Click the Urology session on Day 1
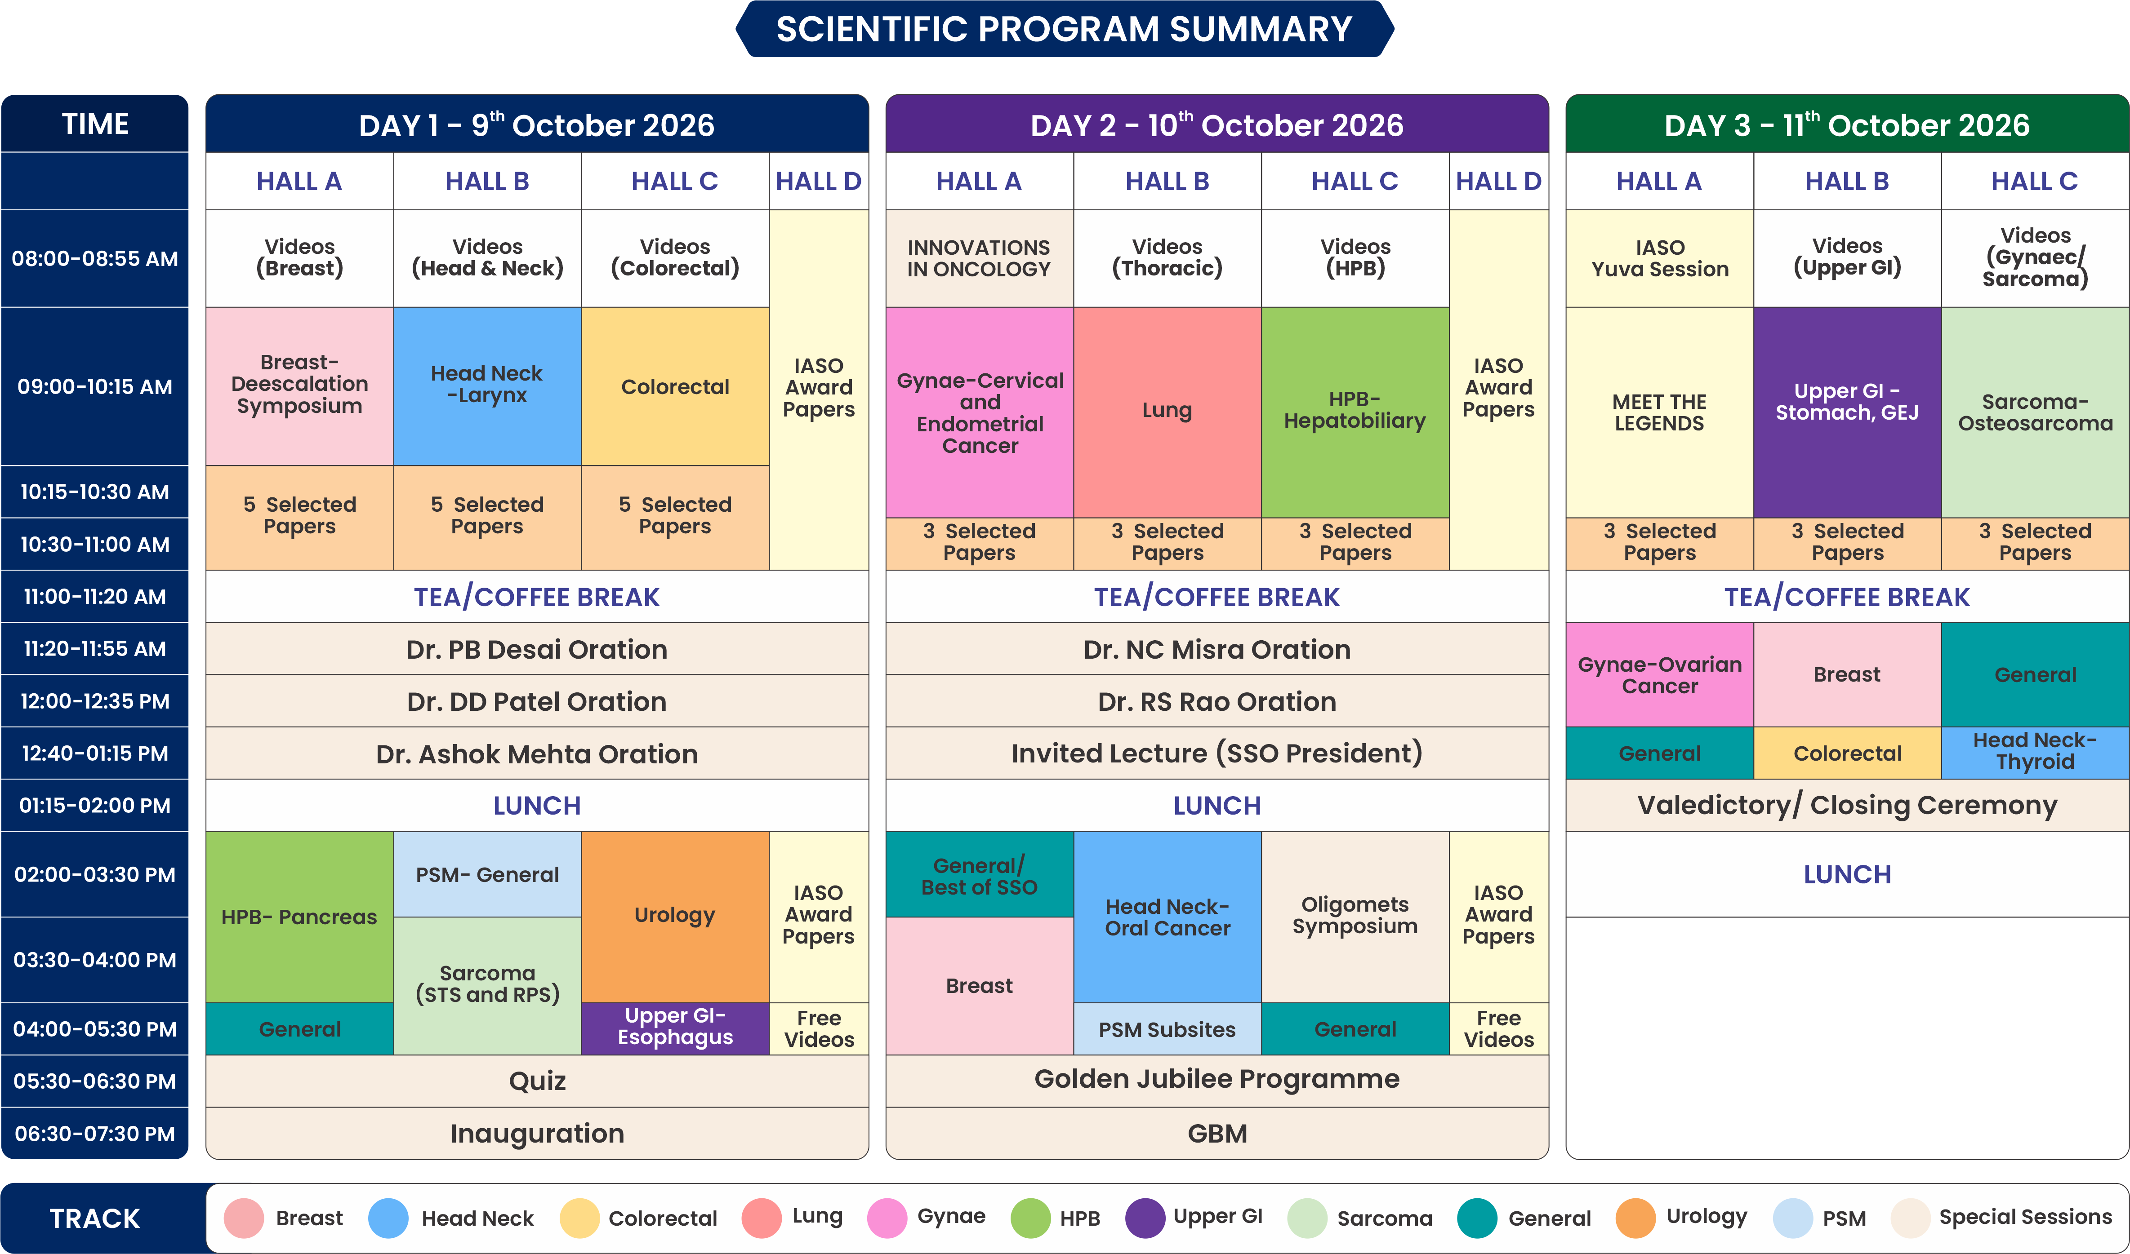tap(674, 916)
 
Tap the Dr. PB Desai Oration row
tap(537, 649)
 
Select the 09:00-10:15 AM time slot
tap(95, 386)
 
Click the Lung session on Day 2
tap(1167, 412)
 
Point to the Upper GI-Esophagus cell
tap(674, 1028)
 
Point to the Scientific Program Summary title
tap(1064, 30)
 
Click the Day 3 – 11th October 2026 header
tap(1847, 124)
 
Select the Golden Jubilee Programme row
tap(1217, 1080)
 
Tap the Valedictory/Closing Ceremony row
tap(1847, 805)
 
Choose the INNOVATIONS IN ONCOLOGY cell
tap(979, 259)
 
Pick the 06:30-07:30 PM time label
tap(95, 1133)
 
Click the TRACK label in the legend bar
tap(95, 1218)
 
